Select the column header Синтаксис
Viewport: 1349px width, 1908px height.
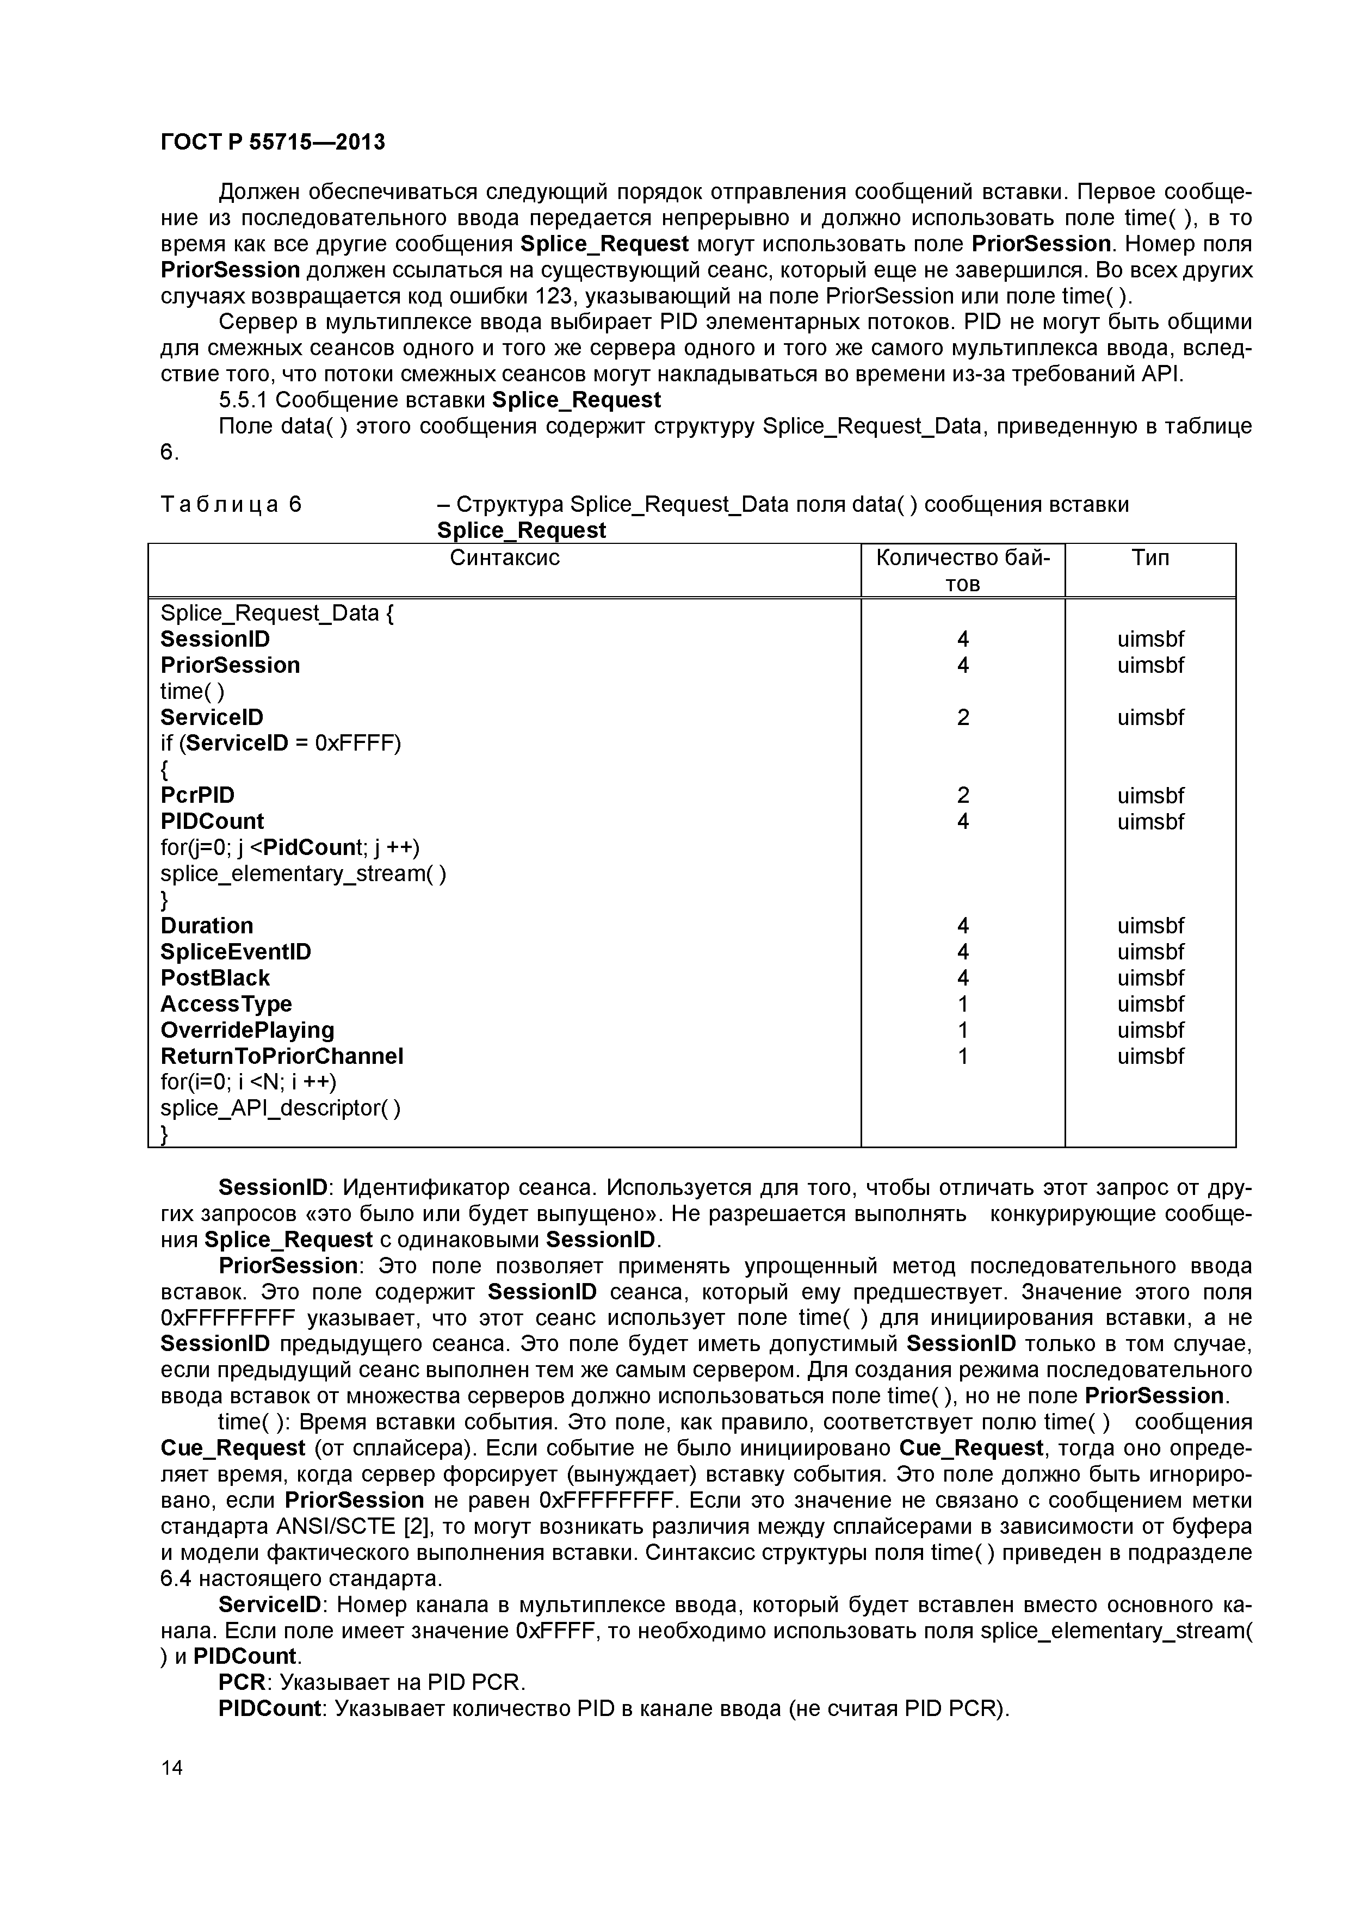(x=505, y=557)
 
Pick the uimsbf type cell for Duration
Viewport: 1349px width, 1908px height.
(x=1150, y=926)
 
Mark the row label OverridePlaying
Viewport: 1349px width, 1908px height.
(x=247, y=1031)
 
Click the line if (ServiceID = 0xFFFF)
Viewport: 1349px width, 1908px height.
(x=280, y=743)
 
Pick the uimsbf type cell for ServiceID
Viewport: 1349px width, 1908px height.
(x=1150, y=717)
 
